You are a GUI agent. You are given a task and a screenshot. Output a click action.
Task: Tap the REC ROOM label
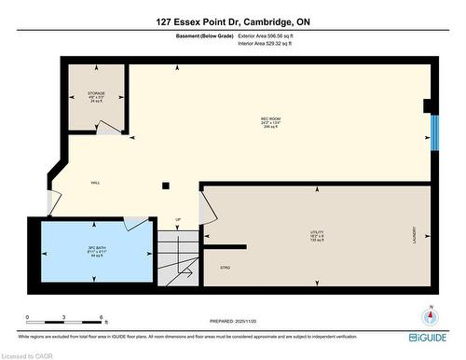271,120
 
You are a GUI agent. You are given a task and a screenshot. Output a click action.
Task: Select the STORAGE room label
97,93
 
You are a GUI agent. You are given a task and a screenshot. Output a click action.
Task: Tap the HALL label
95,183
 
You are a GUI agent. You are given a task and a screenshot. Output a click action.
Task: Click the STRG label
225,267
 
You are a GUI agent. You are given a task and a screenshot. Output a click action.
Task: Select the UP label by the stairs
179,220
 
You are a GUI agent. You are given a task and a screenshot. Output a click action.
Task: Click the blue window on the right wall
432,132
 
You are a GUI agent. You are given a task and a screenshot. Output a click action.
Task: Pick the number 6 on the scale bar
101,318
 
